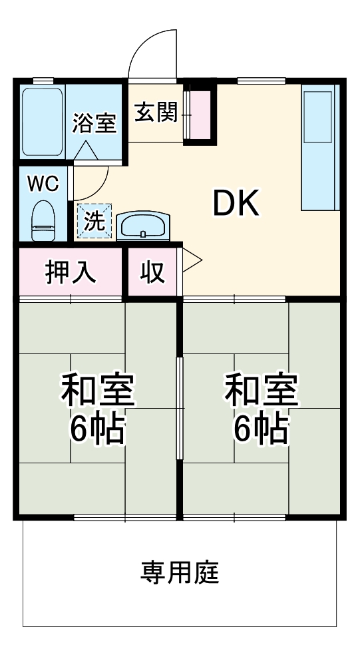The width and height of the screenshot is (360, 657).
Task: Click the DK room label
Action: (235, 204)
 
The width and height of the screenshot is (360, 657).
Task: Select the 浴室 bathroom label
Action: (94, 123)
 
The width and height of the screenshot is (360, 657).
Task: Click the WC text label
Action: (43, 183)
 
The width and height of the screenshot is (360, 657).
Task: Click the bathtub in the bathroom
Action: (43, 121)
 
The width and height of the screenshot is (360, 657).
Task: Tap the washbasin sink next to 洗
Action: (143, 226)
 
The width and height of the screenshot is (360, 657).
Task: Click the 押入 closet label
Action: (71, 272)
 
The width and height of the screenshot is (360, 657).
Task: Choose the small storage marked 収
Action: (153, 272)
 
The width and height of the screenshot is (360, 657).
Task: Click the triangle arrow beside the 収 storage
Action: (191, 261)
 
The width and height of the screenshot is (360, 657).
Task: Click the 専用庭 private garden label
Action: (179, 572)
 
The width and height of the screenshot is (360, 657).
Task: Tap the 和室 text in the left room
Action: (98, 391)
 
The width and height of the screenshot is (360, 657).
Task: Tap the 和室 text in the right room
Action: (261, 391)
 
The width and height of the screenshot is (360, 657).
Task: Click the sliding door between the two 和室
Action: (179, 407)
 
